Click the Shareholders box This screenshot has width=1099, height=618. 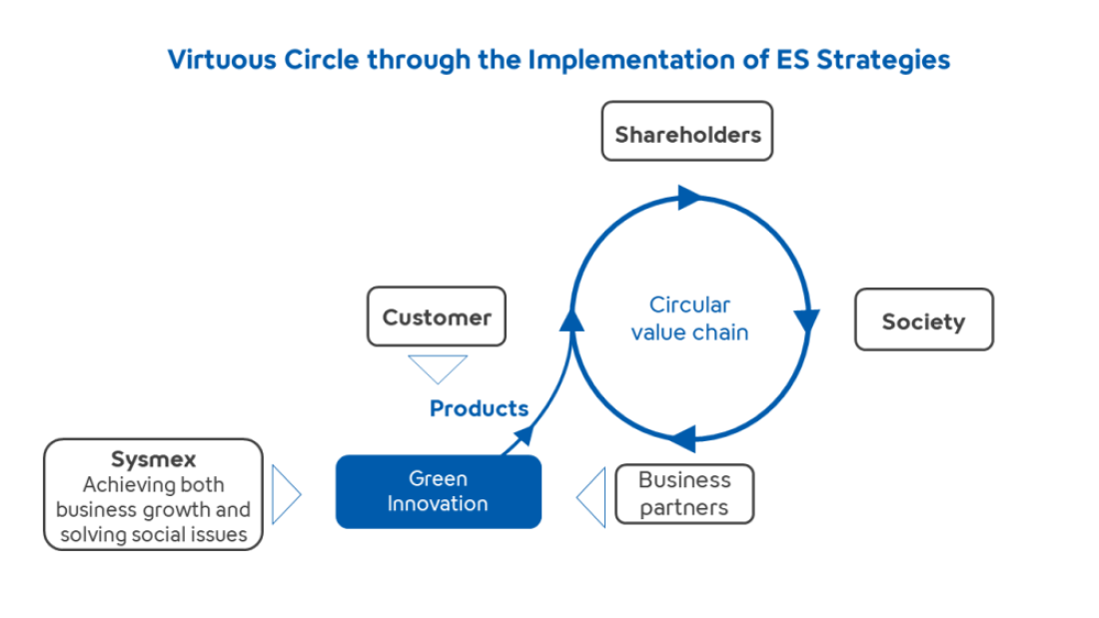point(687,131)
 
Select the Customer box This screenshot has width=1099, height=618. point(437,316)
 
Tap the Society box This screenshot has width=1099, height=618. point(924,319)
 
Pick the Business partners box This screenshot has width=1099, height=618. point(684,493)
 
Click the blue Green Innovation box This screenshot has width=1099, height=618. point(439,491)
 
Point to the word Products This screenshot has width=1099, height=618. point(479,408)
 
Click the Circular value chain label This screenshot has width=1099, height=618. point(689,318)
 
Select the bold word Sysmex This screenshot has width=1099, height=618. point(154,459)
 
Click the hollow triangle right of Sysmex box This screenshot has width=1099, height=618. point(286,494)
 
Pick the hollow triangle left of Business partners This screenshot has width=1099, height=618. point(590,497)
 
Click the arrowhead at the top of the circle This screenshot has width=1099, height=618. point(689,198)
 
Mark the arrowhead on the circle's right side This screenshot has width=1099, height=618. point(806,320)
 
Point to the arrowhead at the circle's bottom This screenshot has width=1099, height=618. point(684,438)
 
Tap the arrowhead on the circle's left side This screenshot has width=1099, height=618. point(571,319)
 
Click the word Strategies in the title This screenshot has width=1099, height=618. point(883,60)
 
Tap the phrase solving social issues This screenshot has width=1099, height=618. point(154,534)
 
